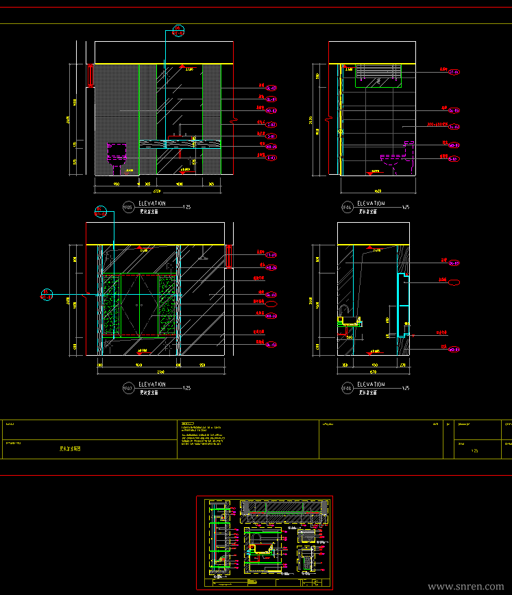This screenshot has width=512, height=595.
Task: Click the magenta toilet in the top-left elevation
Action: pos(118,155)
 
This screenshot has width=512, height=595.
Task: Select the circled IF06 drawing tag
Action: pos(347,206)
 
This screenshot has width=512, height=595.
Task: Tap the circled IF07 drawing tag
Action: pos(127,389)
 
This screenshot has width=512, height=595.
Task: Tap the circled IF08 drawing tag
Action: pos(347,389)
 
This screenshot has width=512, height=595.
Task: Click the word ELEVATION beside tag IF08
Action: pos(371,385)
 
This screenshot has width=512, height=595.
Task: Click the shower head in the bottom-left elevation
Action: pos(203,258)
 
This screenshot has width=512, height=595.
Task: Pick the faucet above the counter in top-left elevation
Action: pos(182,130)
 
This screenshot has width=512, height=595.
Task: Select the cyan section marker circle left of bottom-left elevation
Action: pos(47,295)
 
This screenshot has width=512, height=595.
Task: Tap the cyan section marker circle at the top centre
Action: pos(178,32)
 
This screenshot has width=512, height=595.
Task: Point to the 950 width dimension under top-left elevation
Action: pos(116,184)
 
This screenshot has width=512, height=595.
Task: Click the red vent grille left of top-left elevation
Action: pos(90,75)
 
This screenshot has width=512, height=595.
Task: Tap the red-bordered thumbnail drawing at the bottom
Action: pos(265,542)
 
